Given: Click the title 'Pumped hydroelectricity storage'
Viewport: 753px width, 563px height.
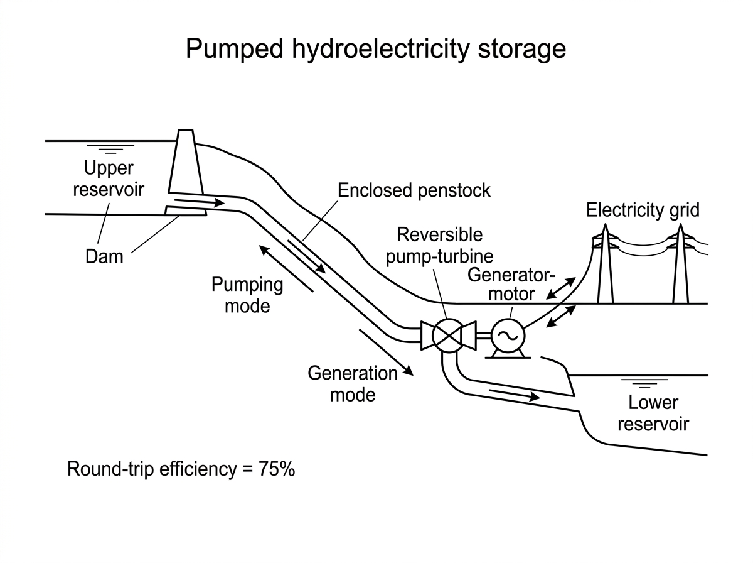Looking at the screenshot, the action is (376, 49).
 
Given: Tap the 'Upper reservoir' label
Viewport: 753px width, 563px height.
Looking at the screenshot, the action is (109, 178).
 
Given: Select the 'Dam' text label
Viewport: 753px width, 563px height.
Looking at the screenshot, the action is (104, 256).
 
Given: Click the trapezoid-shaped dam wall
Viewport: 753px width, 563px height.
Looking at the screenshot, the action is (186, 161).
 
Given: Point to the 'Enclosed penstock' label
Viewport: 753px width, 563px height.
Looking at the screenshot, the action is (414, 190).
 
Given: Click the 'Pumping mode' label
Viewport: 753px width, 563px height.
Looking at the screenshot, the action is (247, 295).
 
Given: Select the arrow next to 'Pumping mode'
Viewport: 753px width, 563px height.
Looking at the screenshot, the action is (286, 268).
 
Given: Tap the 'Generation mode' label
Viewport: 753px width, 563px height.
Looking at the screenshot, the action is (353, 384).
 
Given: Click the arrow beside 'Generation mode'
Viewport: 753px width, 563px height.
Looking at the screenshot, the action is (387, 353).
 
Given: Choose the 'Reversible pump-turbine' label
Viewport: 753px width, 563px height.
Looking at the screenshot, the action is (439, 245).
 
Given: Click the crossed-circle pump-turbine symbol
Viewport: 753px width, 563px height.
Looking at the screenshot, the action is (448, 336).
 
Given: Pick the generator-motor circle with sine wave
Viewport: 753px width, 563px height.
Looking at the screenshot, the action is (508, 336).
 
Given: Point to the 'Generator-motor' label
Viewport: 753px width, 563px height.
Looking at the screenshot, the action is (511, 285).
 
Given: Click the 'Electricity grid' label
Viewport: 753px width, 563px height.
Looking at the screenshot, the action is (643, 210).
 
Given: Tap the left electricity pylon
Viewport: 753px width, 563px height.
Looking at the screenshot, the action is (605, 264).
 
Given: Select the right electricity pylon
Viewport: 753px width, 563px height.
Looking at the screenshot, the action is (681, 264).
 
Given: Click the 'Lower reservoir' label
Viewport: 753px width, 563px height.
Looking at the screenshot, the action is (653, 413).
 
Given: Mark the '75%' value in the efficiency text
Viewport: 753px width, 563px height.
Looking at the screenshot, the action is (277, 469).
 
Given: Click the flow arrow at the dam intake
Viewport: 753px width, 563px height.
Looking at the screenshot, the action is (200, 202).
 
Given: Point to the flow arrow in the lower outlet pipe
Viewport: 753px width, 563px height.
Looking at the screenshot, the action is (514, 395).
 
